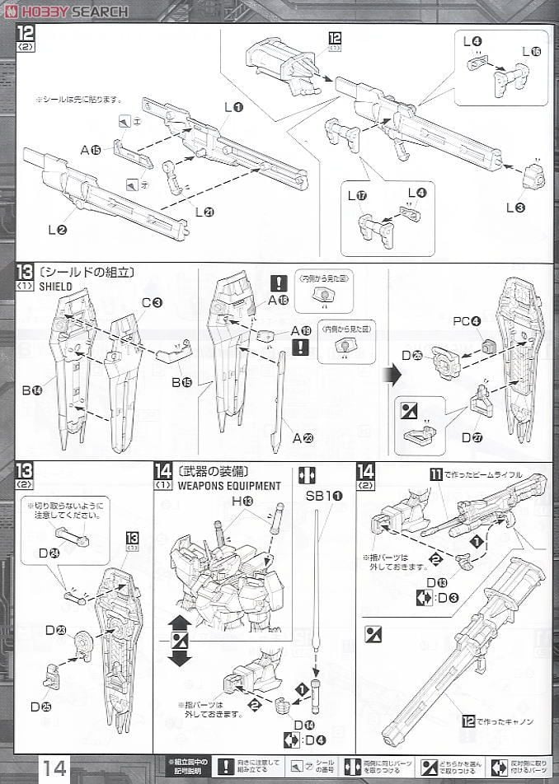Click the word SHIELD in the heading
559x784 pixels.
click(x=56, y=287)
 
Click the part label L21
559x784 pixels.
click(x=204, y=212)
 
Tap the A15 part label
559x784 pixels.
click(x=91, y=150)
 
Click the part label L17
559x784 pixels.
click(x=356, y=196)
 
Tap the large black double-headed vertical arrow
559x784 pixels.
click(x=180, y=640)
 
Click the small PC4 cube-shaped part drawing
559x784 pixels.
click(x=489, y=347)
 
